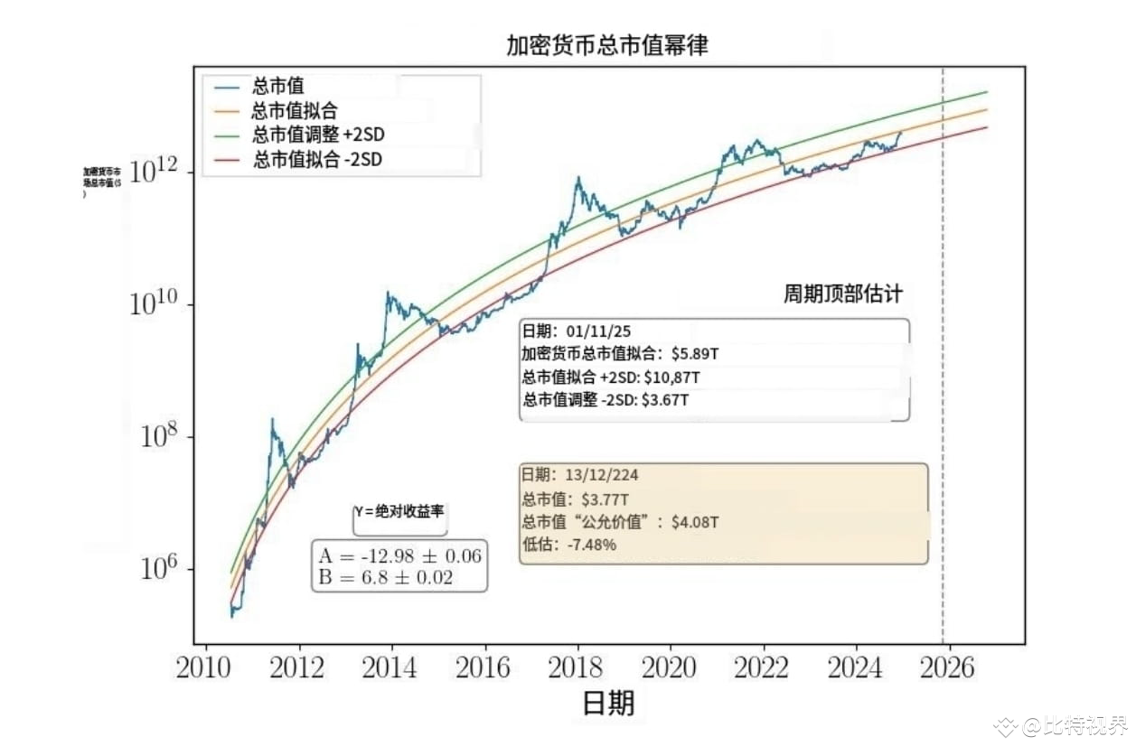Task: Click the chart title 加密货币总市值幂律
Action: [606, 46]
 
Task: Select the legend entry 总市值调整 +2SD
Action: [324, 135]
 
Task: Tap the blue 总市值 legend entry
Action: [278, 87]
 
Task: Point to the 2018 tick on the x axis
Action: [576, 668]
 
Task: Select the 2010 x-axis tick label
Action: [204, 668]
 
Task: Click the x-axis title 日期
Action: [607, 703]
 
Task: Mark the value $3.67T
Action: [665, 399]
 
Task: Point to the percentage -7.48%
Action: [591, 545]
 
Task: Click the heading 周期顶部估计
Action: [842, 295]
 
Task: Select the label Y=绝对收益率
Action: [399, 511]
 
